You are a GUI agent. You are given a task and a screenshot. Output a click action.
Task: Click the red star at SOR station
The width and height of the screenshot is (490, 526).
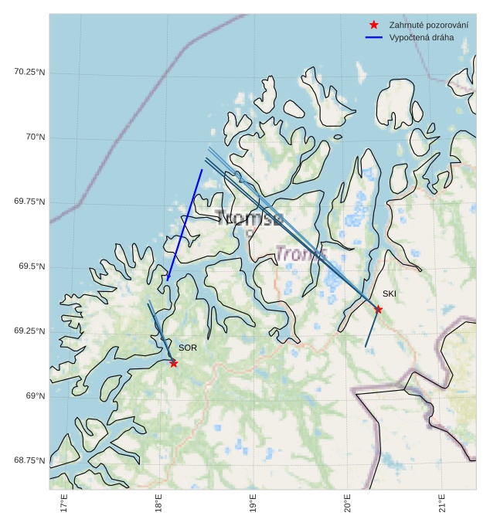point(174,363)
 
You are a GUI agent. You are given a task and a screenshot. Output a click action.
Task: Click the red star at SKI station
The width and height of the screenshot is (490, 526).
point(378,310)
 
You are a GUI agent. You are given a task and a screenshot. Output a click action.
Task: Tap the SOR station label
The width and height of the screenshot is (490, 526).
point(188,348)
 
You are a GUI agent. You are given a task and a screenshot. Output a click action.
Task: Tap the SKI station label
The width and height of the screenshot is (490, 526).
point(389,294)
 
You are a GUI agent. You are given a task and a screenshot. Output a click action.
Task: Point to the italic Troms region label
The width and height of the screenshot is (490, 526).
point(301,253)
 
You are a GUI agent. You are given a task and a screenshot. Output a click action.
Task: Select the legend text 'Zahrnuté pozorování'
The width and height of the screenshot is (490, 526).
point(429,25)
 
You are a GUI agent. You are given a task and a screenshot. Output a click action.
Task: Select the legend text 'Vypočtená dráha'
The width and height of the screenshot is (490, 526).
point(421,37)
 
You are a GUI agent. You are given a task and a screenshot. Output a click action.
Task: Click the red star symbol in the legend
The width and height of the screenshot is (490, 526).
point(374,25)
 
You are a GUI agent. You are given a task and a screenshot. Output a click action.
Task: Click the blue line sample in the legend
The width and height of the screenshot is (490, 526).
point(374,37)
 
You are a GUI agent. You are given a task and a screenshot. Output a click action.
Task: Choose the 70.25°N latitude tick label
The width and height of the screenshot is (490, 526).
point(30,72)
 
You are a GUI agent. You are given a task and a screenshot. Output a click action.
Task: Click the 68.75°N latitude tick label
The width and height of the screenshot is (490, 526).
point(30,460)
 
